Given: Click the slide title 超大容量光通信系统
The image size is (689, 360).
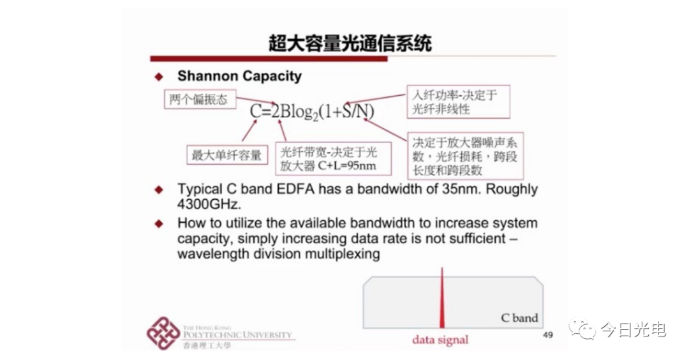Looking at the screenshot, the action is pyautogui.click(x=350, y=43).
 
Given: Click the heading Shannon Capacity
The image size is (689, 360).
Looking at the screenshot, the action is pyautogui.click(x=239, y=76).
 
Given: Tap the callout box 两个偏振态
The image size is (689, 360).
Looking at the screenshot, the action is pyautogui.click(x=200, y=100).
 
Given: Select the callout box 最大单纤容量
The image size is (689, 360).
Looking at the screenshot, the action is pyautogui.click(x=227, y=154).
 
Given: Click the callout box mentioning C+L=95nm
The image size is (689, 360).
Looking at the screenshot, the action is pyautogui.click(x=332, y=158).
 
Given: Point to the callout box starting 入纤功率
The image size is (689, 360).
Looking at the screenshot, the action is pyautogui.click(x=458, y=101).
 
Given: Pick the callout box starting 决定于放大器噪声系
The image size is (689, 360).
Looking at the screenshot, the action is pyautogui.click(x=465, y=156).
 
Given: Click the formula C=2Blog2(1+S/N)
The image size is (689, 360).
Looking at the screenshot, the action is pyautogui.click(x=312, y=112).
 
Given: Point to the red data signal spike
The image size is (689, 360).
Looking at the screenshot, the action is pyautogui.click(x=442, y=298).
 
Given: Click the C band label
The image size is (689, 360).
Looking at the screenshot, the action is pyautogui.click(x=519, y=318).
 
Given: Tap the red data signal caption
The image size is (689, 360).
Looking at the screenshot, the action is pyautogui.click(x=440, y=340).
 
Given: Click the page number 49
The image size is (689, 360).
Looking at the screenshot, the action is pyautogui.click(x=548, y=335).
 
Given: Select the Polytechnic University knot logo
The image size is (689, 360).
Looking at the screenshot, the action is pyautogui.click(x=163, y=333).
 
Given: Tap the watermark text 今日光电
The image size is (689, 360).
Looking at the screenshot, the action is pyautogui.click(x=633, y=329).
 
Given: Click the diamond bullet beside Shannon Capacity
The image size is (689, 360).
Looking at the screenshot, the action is pyautogui.click(x=159, y=77).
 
